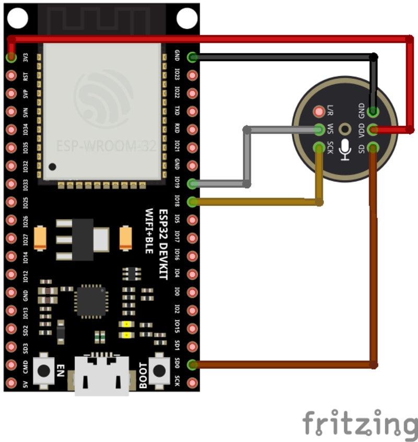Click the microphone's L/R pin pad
coord(319,111)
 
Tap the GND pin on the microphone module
coord(373,111)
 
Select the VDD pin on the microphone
coord(373,129)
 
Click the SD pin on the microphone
coord(373,147)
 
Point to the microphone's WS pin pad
coord(319,129)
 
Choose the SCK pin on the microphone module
coord(319,147)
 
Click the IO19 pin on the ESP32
coord(192,183)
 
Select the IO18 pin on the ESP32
coord(192,202)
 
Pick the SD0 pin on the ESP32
coord(192,365)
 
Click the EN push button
coord(44,370)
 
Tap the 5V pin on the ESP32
coord(11,383)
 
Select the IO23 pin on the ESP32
coord(192,75)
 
